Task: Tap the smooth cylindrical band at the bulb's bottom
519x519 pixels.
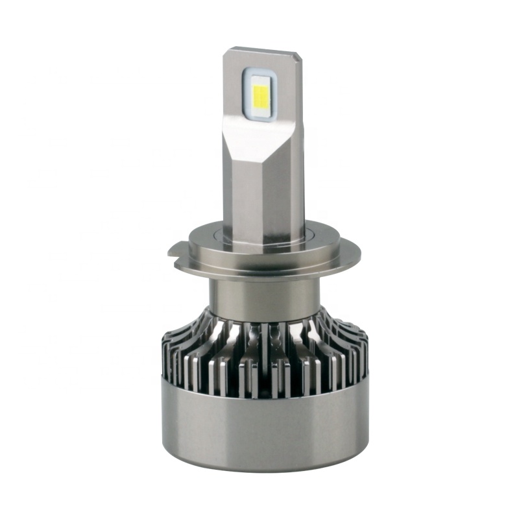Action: [x=259, y=428]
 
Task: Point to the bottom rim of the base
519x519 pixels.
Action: [x=259, y=468]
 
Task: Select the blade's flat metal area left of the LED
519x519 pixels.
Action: [x=235, y=91]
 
